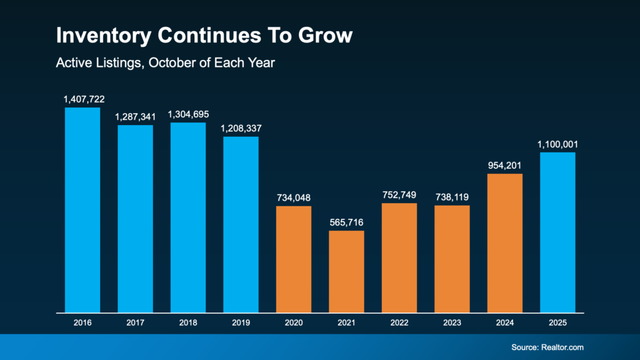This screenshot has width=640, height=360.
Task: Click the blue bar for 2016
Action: click(82, 210)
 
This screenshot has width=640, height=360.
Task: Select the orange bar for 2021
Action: click(346, 271)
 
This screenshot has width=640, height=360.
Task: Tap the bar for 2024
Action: click(504, 243)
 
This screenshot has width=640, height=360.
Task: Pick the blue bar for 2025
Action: click(557, 232)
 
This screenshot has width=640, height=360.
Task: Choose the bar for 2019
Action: click(241, 224)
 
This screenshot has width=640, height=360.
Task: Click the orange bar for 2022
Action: click(399, 257)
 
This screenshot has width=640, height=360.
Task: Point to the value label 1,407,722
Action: click(82, 99)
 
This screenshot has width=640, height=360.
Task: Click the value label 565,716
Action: click(346, 222)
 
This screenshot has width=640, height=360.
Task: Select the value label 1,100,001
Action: click(557, 144)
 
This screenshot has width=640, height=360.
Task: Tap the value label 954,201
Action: click(504, 166)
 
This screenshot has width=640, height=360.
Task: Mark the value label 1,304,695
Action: click(188, 114)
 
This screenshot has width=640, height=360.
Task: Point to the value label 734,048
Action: click(294, 197)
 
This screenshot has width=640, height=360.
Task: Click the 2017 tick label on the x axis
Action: click(136, 323)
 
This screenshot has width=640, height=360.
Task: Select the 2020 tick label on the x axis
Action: click(294, 323)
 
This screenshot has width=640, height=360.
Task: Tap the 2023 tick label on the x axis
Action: click(452, 323)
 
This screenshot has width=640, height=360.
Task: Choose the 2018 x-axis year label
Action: click(188, 323)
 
